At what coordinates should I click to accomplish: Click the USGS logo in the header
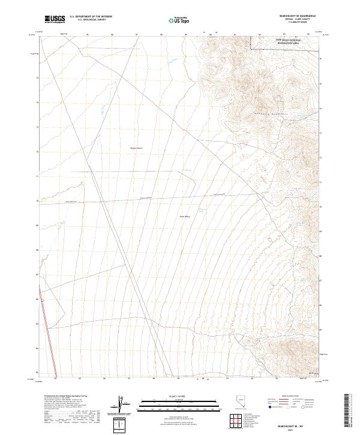pos(55,19)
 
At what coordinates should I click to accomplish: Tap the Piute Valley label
pos(184,217)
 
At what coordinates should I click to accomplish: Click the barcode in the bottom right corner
pos(350,412)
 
